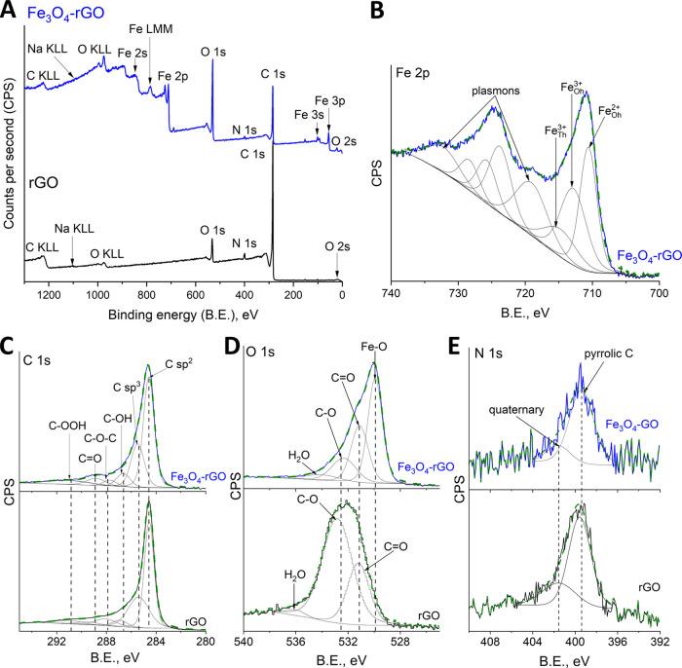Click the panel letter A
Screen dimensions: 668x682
tap(10, 11)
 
